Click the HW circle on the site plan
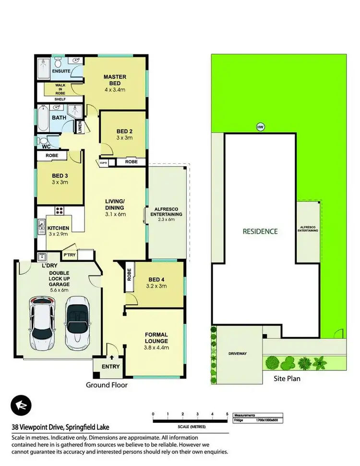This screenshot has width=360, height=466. point(261,127)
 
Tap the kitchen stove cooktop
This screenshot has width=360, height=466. point(60,210)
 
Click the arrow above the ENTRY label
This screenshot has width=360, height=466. point(112,357)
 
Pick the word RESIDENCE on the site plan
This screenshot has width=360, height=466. point(260,231)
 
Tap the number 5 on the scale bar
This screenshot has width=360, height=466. point(227,414)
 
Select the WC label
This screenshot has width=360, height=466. point(47,147)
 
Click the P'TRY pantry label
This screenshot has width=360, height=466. point(68,255)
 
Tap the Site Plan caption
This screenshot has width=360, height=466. point(287,379)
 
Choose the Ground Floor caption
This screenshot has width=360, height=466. point(106,385)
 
